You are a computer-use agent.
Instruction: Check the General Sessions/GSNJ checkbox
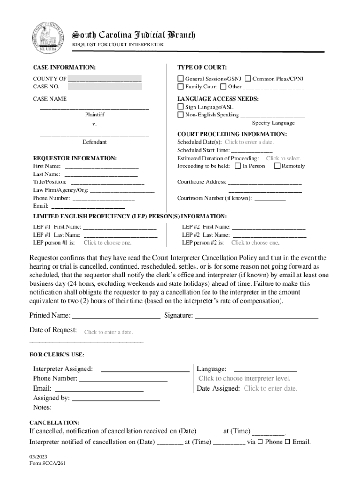pyautogui.click(x=180, y=79)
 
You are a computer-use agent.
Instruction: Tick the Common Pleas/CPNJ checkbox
pyautogui.click(x=248, y=79)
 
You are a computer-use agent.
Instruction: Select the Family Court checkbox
pyautogui.click(x=180, y=87)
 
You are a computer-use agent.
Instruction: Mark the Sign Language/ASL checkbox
pyautogui.click(x=180, y=107)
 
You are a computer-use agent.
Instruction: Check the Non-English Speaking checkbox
pyautogui.click(x=180, y=115)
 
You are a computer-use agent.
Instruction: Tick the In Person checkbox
pyautogui.click(x=238, y=166)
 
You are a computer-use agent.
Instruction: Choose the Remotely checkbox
pyautogui.click(x=277, y=166)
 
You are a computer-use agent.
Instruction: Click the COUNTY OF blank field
pyautogui.click(x=105, y=79)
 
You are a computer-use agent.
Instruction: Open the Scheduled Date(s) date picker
pyautogui.click(x=249, y=142)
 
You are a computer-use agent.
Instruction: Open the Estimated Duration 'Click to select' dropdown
pyautogui.click(x=284, y=159)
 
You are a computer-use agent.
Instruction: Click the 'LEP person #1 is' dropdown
pyautogui.click(x=108, y=243)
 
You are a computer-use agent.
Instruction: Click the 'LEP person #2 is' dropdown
pyautogui.click(x=255, y=243)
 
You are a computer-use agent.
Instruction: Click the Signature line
pyautogui.click(x=256, y=316)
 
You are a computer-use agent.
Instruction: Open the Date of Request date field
pyautogui.click(x=108, y=332)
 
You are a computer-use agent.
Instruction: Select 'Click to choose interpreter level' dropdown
pyautogui.click(x=245, y=378)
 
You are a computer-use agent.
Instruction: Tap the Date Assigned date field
pyautogui.click(x=270, y=388)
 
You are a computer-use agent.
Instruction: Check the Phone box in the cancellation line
pyautogui.click(x=260, y=442)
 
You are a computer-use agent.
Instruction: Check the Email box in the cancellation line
pyautogui.click(x=288, y=442)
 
